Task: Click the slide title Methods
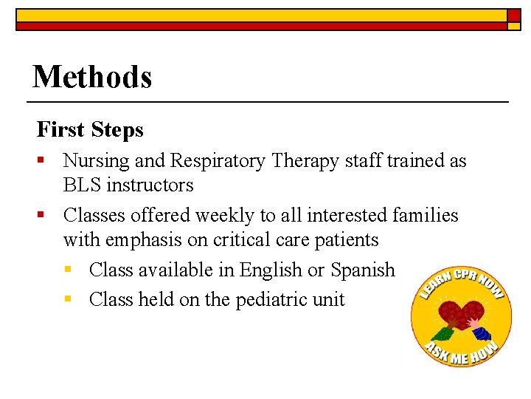pyautogui.click(x=92, y=77)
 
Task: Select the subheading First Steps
pyautogui.click(x=90, y=130)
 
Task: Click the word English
pyautogui.click(x=271, y=270)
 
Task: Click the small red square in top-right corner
pyautogui.click(x=514, y=14)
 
